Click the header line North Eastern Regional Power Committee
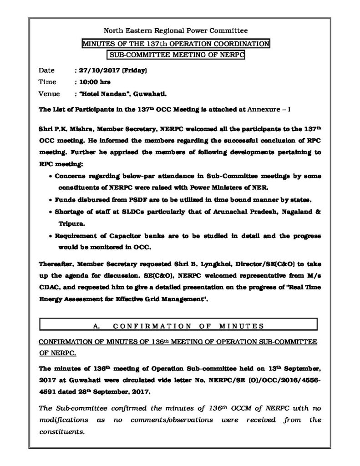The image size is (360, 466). click(x=176, y=31)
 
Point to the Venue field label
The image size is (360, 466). click(x=48, y=94)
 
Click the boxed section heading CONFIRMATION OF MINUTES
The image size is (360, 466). click(x=188, y=325)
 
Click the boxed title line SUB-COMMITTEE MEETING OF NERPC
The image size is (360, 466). click(x=176, y=55)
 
